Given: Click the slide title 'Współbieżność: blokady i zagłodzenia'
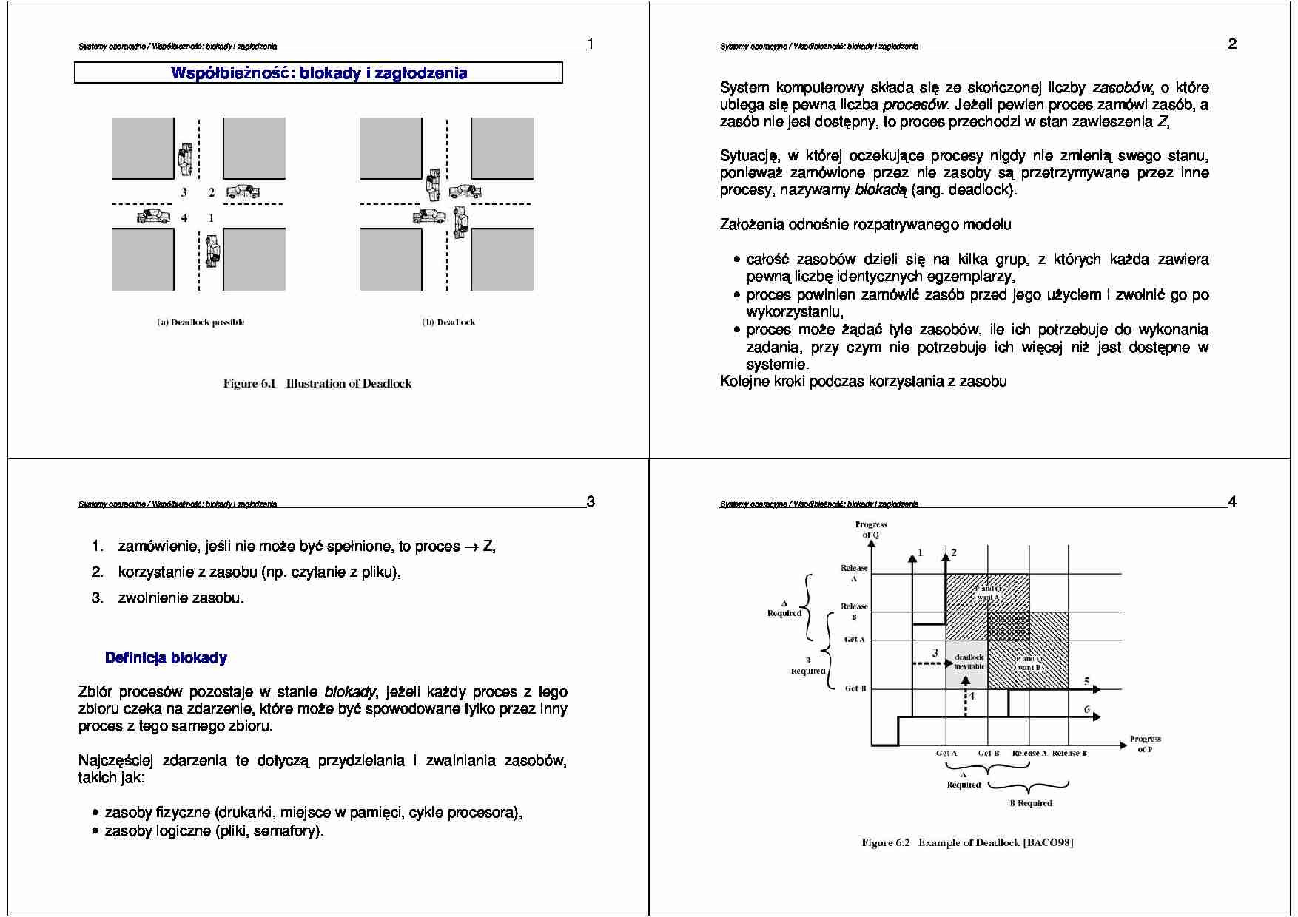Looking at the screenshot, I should pyautogui.click(x=319, y=73).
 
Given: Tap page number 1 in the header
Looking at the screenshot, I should pyautogui.click(x=590, y=44).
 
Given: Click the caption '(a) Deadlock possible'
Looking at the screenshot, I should pyautogui.click(x=201, y=322).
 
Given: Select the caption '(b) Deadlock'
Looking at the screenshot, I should pyautogui.click(x=448, y=322).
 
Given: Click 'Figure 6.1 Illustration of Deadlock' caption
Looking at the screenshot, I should pyautogui.click(x=317, y=383).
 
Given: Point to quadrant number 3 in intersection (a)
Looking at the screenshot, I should pyautogui.click(x=184, y=192).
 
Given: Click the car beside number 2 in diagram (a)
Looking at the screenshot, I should pyautogui.click(x=243, y=192).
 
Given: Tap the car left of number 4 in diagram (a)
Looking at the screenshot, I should pyautogui.click(x=153, y=217).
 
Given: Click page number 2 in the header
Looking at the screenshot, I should pyautogui.click(x=1232, y=44).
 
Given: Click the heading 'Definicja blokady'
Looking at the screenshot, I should pyautogui.click(x=166, y=657).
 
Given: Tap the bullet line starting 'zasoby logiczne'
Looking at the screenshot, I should pyautogui.click(x=214, y=830).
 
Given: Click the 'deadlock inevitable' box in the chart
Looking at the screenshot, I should pyautogui.click(x=969, y=662).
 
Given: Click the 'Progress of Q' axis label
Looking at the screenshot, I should pyautogui.click(x=870, y=529).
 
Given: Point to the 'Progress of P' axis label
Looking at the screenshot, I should pyautogui.click(x=1145, y=744).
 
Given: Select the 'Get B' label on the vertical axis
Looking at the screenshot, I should pyautogui.click(x=855, y=688).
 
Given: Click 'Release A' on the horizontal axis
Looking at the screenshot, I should pyautogui.click(x=1029, y=753).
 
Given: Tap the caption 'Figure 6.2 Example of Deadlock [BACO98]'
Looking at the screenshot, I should pyautogui.click(x=967, y=842).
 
